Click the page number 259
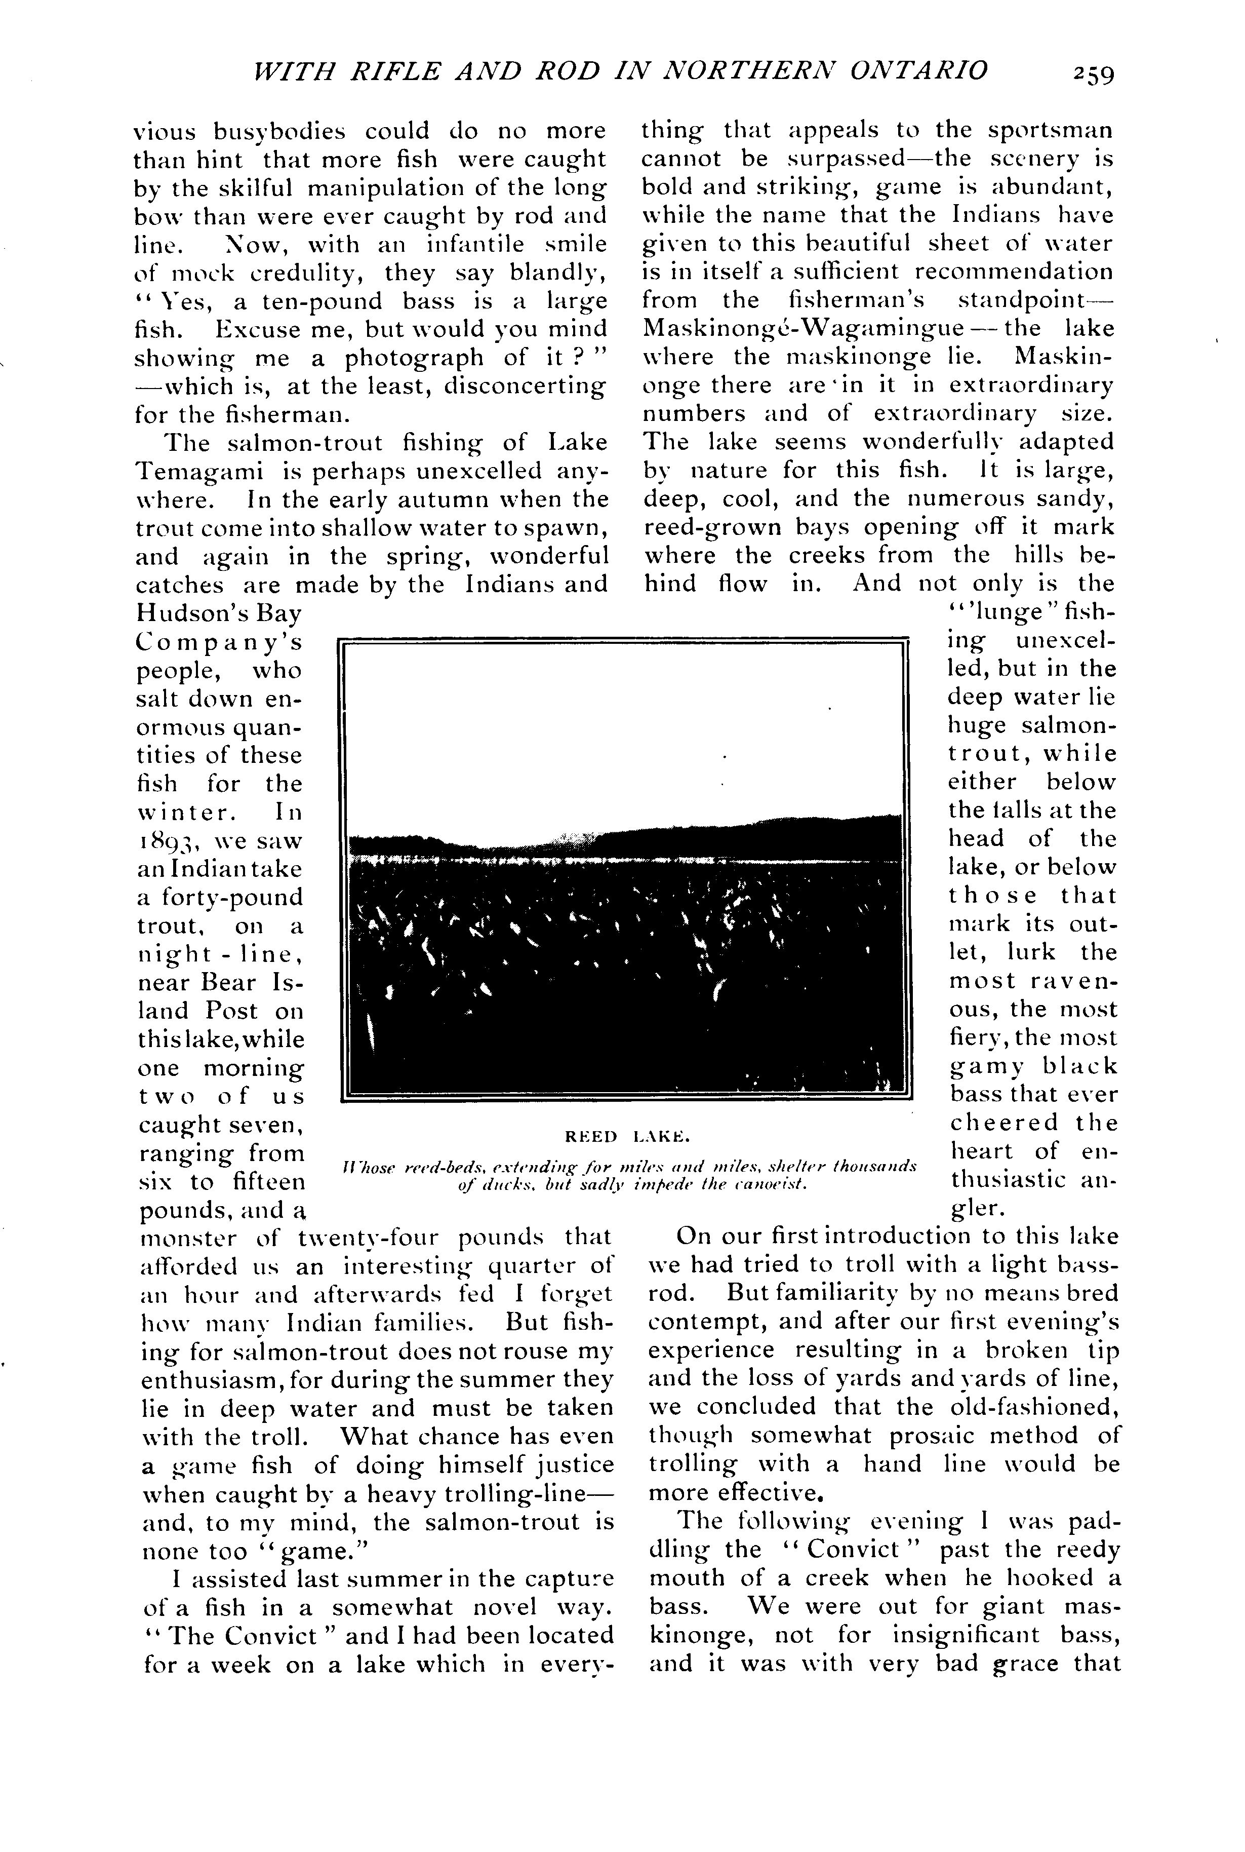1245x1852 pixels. click(1093, 74)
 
